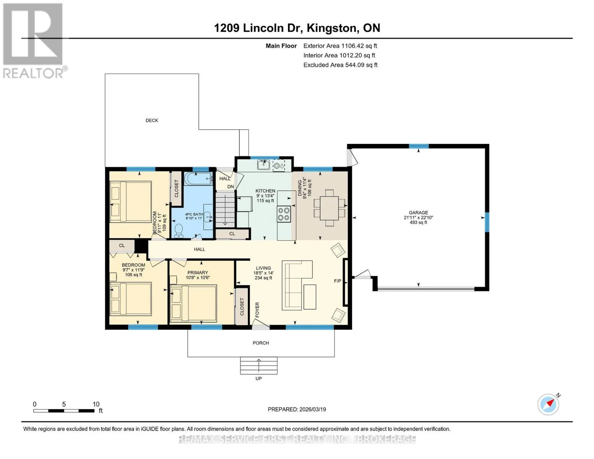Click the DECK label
coord(152,120)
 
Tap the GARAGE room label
coord(418,212)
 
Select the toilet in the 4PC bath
coord(179,231)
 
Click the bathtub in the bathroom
coord(199,179)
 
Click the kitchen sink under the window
coord(264,165)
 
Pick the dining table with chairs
coord(329,208)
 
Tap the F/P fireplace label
coord(338,281)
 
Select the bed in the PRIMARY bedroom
coord(193,303)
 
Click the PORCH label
coord(261,343)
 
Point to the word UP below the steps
coord(259,378)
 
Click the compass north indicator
coord(548,404)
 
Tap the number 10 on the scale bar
coord(96,404)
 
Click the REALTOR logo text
coord(33,73)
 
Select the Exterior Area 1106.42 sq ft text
coord(340,46)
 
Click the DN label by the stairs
coord(230,187)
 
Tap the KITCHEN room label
coord(265,191)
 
